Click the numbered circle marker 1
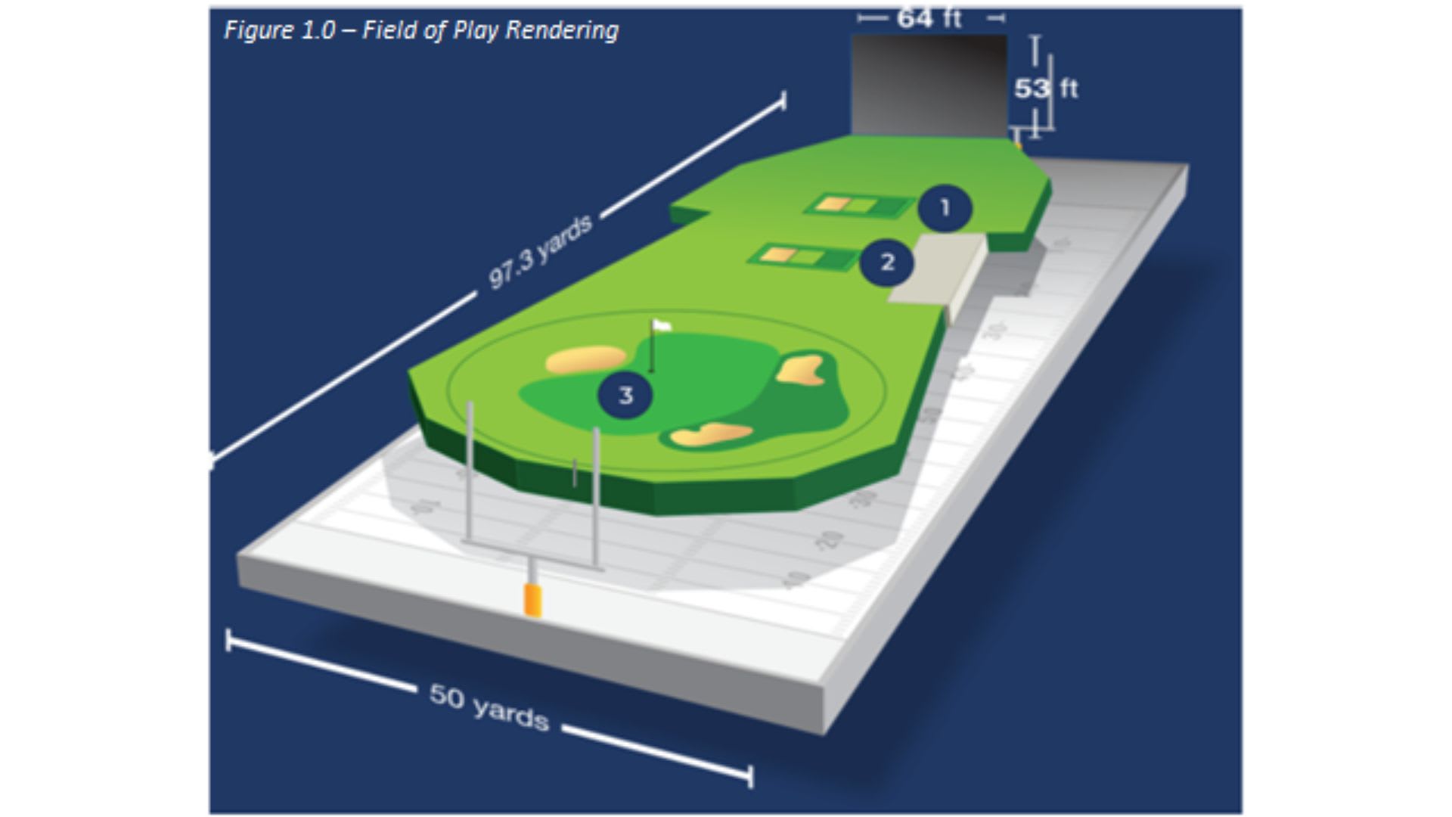945,208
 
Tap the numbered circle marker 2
887,262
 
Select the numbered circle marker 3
625,395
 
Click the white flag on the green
662,326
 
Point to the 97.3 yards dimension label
540,253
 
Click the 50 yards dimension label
489,707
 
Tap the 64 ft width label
929,18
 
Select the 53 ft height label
1046,89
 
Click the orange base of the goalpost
533,599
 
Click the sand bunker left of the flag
585,359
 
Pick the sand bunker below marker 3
711,434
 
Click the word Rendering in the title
562,30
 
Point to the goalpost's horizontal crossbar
532,554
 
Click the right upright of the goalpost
596,492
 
